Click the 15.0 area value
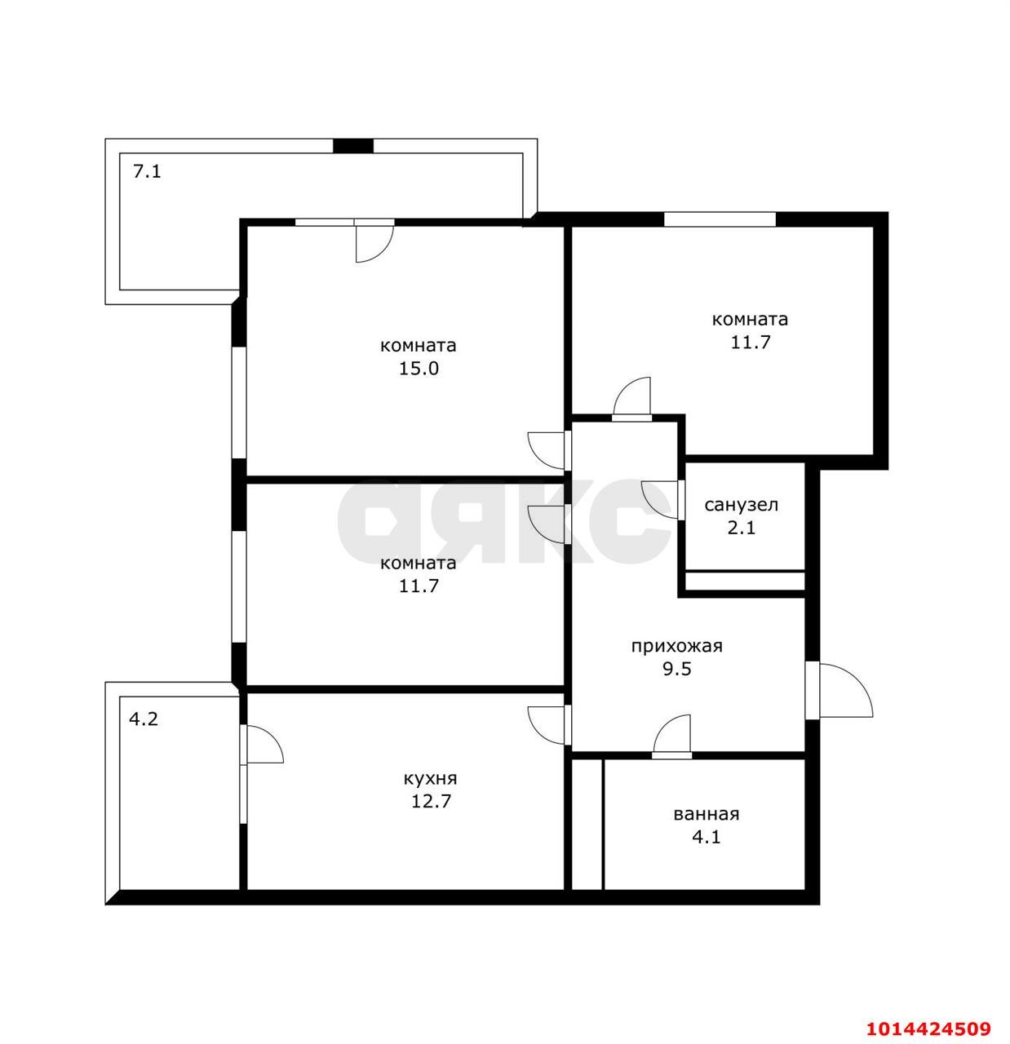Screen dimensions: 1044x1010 (x=418, y=368)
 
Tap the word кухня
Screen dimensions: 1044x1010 (x=430, y=778)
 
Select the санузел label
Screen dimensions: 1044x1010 (x=741, y=505)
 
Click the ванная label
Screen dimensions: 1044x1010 (x=706, y=814)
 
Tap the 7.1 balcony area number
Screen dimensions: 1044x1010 (x=147, y=172)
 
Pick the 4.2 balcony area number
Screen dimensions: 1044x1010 (x=144, y=719)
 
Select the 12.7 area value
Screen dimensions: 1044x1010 (x=432, y=801)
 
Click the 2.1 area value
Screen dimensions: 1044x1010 (x=741, y=528)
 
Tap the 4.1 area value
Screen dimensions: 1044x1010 (x=706, y=837)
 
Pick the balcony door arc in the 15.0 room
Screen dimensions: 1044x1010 (x=374, y=243)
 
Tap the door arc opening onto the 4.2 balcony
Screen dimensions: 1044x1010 (x=264, y=745)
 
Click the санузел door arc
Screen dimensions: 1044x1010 (x=658, y=498)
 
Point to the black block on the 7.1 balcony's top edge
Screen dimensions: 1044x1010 (x=353, y=146)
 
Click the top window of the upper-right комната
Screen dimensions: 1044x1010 (x=719, y=219)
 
